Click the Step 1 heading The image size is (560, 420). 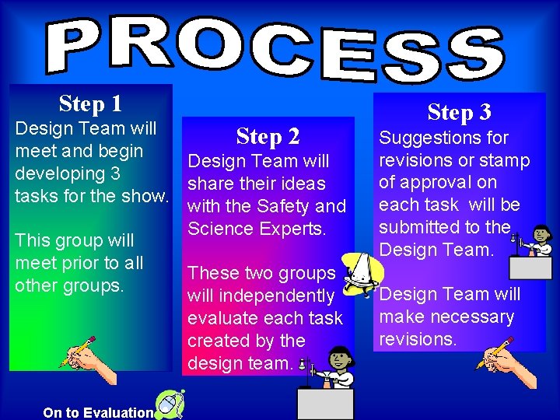pyautogui.click(x=90, y=103)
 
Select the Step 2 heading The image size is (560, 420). pyautogui.click(x=268, y=137)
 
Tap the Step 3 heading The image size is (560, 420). pyautogui.click(x=460, y=113)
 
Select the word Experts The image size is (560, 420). pyautogui.click(x=298, y=229)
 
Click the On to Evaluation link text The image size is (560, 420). pyautogui.click(x=99, y=412)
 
